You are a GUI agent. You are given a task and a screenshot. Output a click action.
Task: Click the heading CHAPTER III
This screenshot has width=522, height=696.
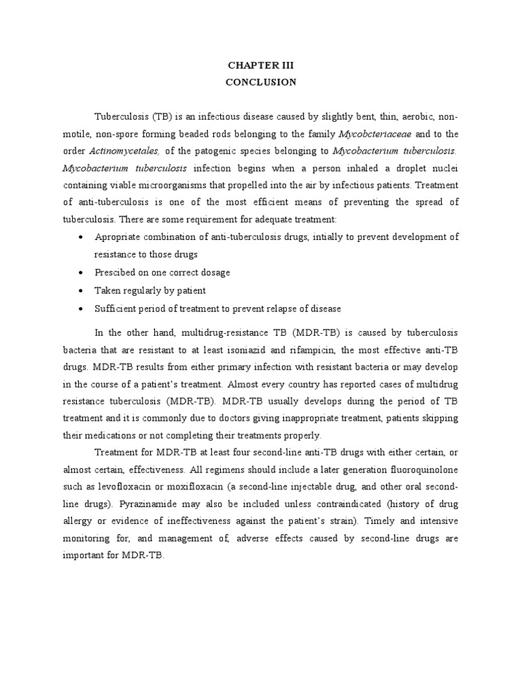click(261, 66)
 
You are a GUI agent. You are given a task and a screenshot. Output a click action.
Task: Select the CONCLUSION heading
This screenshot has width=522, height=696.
click(261, 82)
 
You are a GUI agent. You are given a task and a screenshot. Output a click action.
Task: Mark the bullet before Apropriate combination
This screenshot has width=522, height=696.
click(82, 237)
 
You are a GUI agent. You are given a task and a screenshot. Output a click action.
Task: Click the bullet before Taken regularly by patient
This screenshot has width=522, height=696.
click(82, 291)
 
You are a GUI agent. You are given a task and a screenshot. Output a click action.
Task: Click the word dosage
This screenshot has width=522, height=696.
click(214, 273)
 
